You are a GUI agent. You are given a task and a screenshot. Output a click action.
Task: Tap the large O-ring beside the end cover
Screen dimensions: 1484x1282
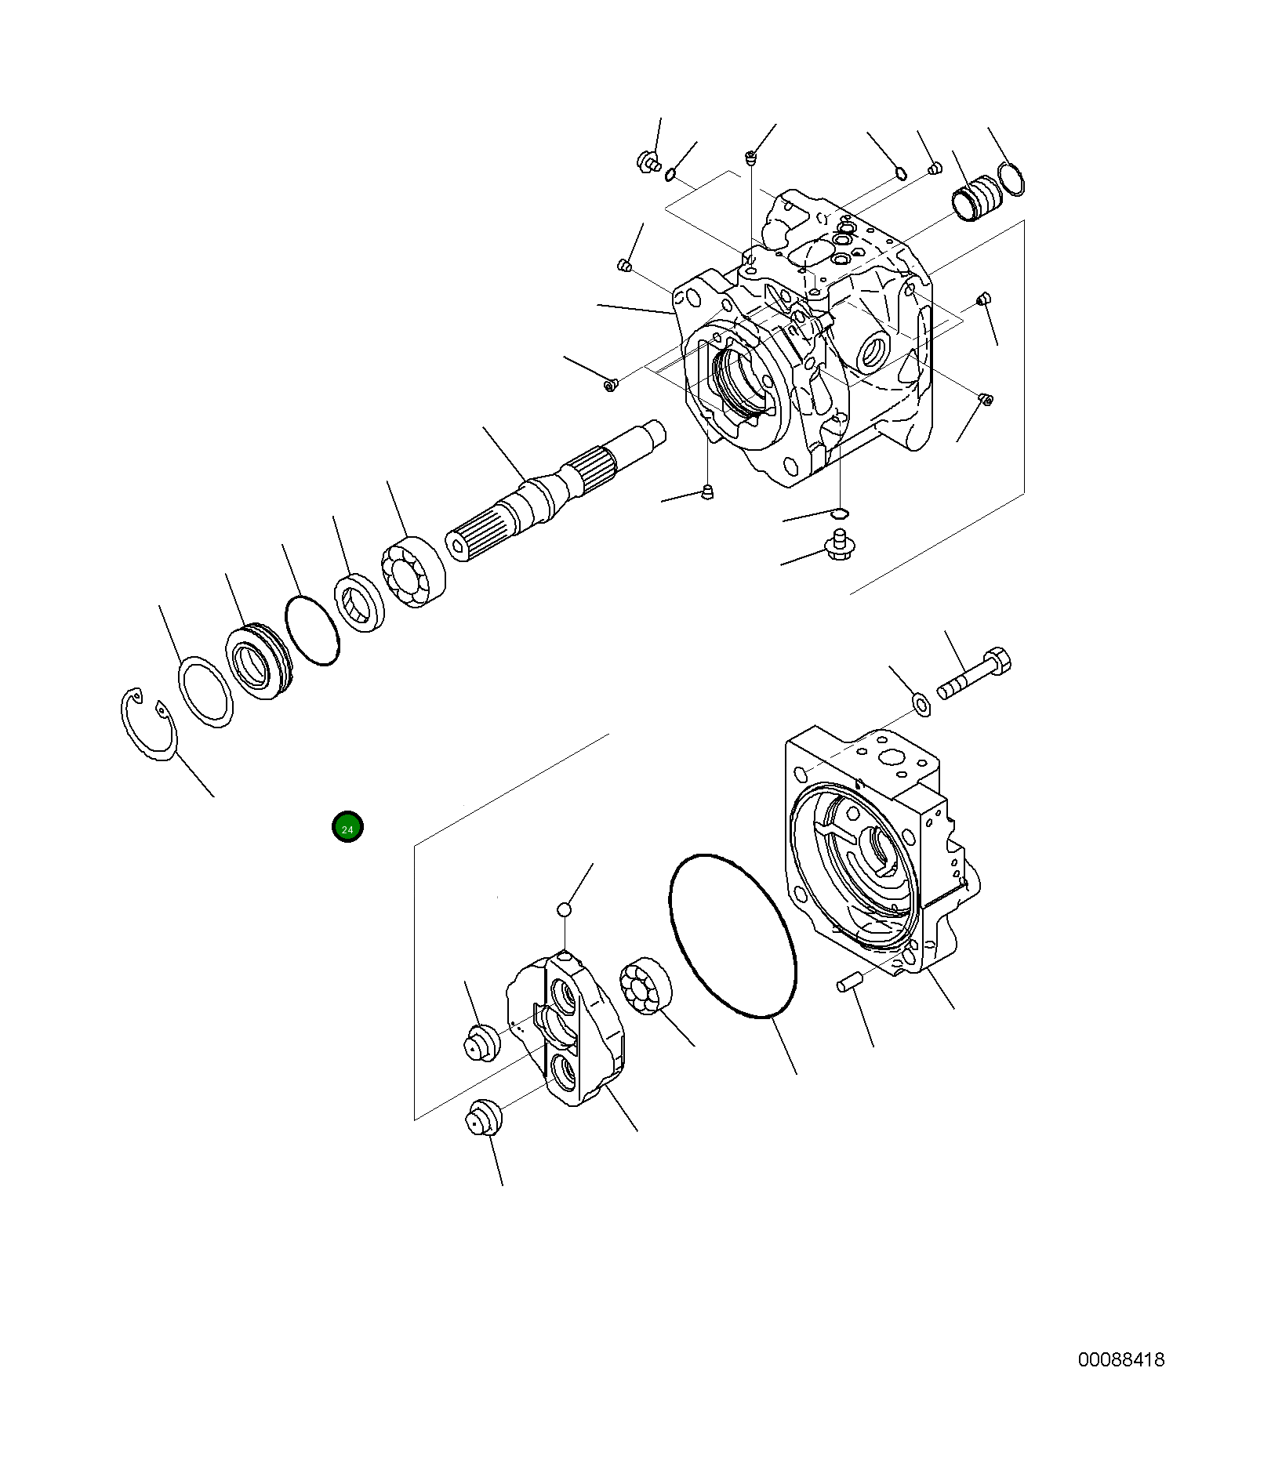click(x=733, y=936)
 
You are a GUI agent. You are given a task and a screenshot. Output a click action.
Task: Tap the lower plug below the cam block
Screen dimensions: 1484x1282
click(x=481, y=1116)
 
